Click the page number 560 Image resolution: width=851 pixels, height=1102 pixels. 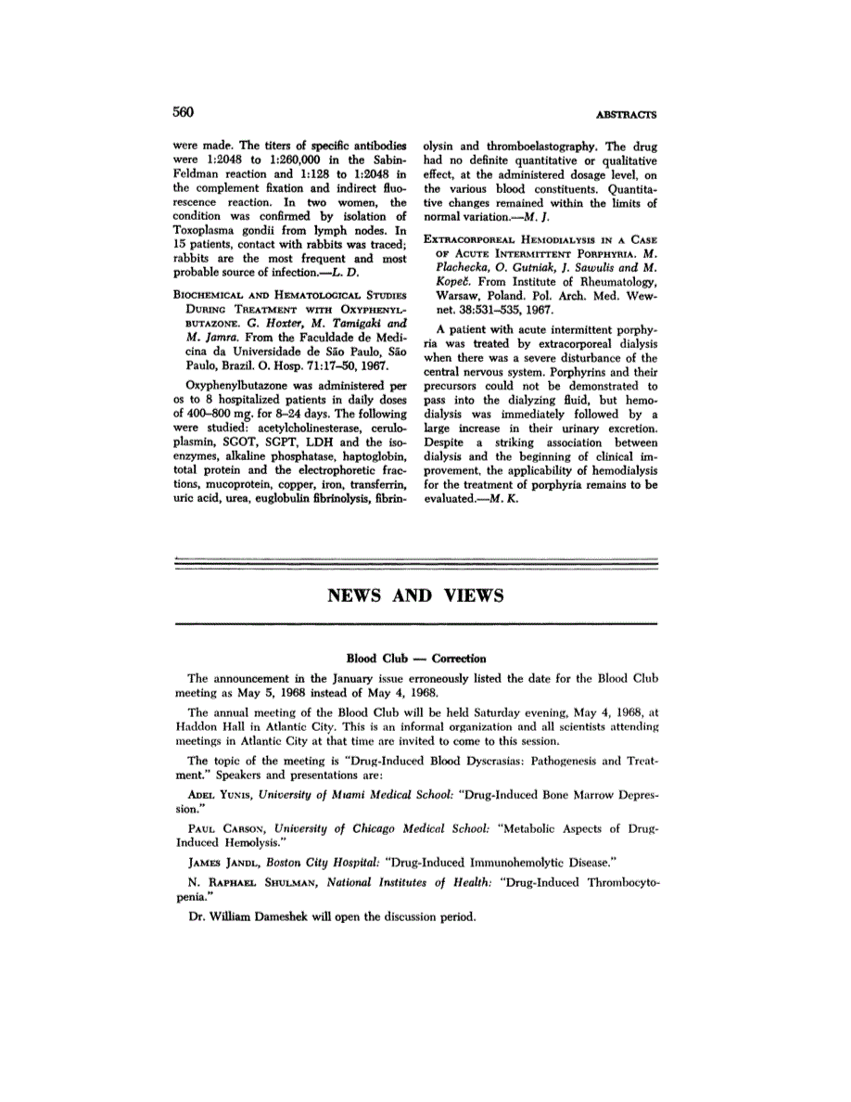(184, 112)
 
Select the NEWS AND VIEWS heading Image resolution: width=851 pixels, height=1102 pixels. (415, 596)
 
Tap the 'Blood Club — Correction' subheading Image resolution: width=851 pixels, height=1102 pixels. (415, 658)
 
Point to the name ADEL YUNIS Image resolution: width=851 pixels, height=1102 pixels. (222, 795)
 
